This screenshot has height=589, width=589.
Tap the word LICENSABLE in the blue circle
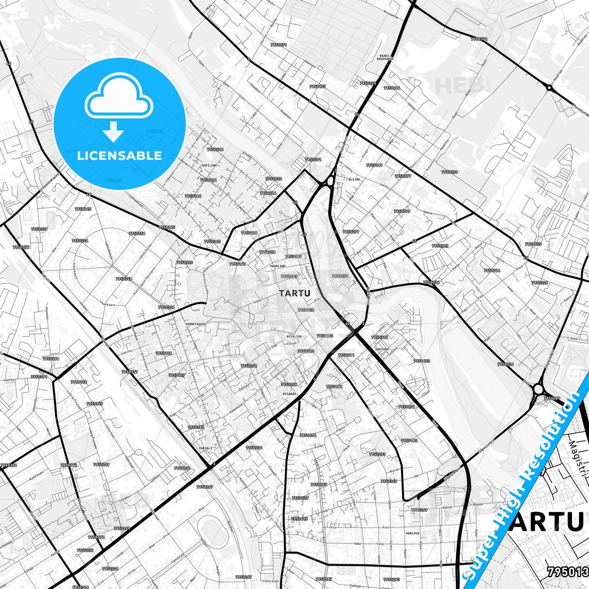coord(119,155)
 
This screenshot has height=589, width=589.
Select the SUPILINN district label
coord(209,165)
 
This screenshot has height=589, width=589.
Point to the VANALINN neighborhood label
coord(277,266)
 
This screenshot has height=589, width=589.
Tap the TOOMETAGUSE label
coord(196,324)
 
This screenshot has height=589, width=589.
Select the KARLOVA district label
coord(413,533)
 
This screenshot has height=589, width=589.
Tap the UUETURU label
coord(382,349)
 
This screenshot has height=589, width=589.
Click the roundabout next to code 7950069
coord(538,389)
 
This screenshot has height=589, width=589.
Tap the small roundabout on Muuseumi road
coord(549,87)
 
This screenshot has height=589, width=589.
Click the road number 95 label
coord(357,115)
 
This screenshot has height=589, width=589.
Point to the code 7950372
coord(479,39)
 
